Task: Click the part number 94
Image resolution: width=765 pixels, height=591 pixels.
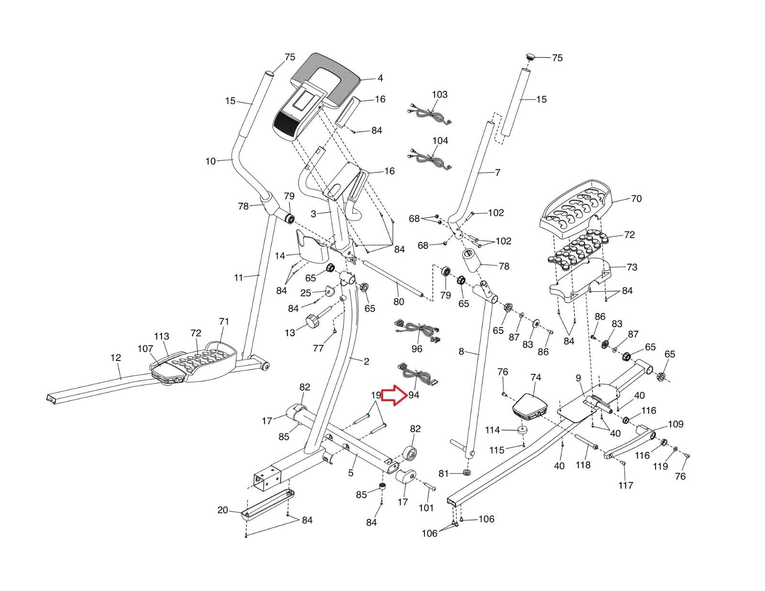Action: pos(414,395)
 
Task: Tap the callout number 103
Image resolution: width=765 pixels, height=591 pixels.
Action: pos(439,94)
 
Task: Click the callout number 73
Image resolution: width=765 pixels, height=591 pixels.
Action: pos(632,267)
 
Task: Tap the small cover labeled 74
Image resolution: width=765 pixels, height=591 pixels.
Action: pos(529,404)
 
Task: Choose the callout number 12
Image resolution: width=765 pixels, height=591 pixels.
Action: pos(115,358)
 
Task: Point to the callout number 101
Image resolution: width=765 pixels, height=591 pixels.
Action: pos(426,508)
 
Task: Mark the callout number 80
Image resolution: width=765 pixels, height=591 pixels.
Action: pos(398,302)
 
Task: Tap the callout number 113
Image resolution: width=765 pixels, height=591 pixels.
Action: pos(162,336)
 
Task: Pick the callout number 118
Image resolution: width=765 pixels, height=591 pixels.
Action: pos(583,464)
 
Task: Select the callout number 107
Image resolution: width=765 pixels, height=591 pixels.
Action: pos(145,349)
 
